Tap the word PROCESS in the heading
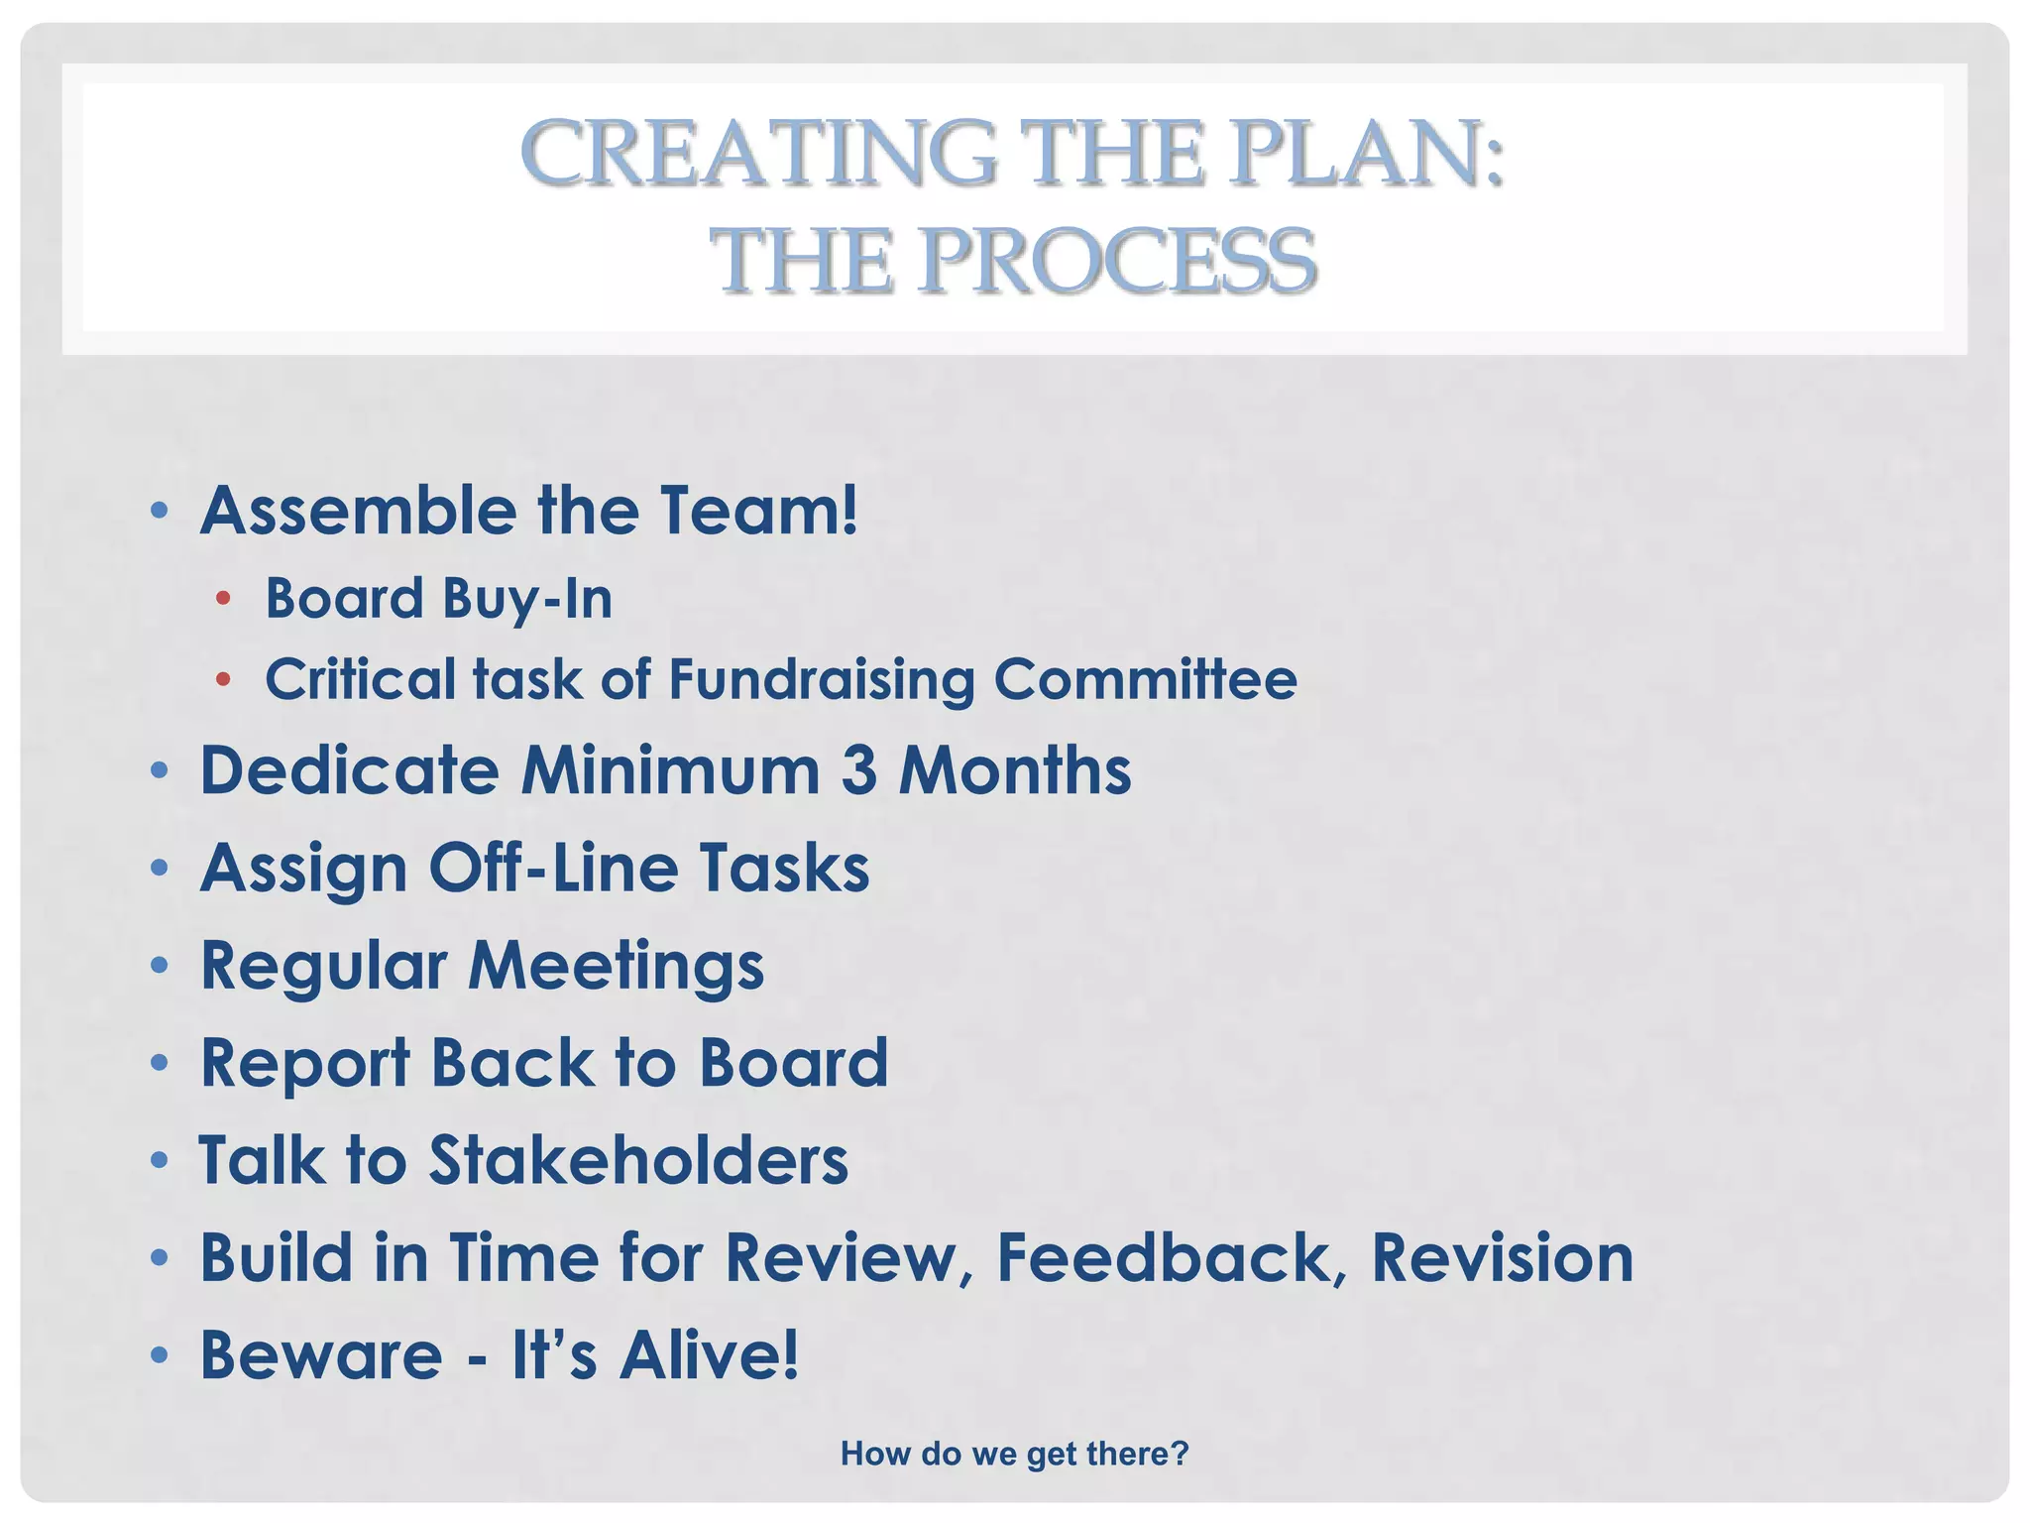pos(1117,262)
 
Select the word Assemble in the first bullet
pos(358,511)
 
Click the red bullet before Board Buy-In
pos(223,598)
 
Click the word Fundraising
pos(822,680)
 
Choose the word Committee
pos(1145,680)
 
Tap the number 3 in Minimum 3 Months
pos(858,770)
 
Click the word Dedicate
pos(349,770)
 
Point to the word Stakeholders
pos(638,1160)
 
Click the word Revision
pos(1502,1258)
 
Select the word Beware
pos(321,1355)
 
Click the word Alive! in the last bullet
pos(709,1355)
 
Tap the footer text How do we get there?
pos(1014,1454)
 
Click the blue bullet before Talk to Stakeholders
pos(160,1160)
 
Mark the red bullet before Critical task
pos(223,679)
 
